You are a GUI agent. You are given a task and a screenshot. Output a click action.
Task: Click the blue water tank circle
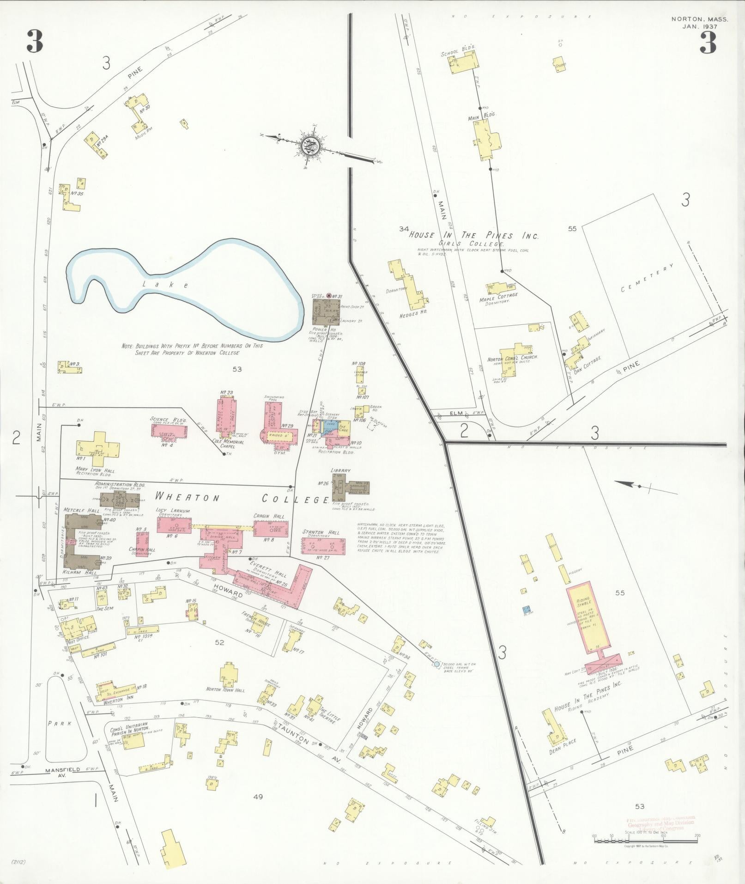coord(436,665)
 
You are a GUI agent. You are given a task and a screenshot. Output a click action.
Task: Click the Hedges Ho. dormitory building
coord(408,284)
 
